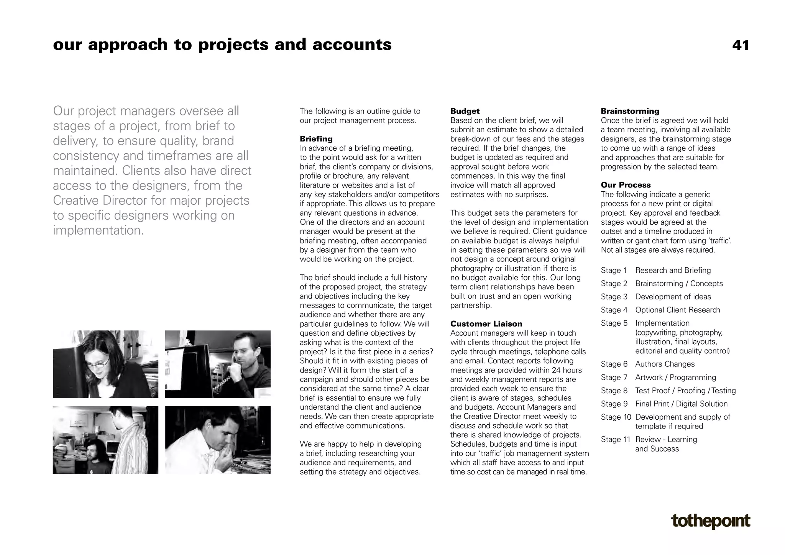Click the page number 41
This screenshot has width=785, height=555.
[x=740, y=46]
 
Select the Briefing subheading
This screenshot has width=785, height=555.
[x=316, y=139]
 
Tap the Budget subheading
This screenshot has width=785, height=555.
[x=465, y=111]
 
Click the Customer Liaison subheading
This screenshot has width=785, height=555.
[x=486, y=324]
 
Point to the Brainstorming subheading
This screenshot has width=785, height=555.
[x=630, y=111]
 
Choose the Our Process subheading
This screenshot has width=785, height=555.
[x=626, y=185]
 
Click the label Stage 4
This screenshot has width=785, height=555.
[x=614, y=310]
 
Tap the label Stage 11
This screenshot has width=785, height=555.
[x=615, y=440]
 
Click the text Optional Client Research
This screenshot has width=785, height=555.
[x=677, y=310]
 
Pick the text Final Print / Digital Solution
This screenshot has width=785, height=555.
[x=681, y=404]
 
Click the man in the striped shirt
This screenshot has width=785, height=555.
[x=132, y=441]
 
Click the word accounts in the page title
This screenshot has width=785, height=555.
[x=352, y=45]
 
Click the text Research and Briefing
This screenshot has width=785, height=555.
[x=673, y=271]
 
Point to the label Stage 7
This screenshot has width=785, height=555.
[x=614, y=378]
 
